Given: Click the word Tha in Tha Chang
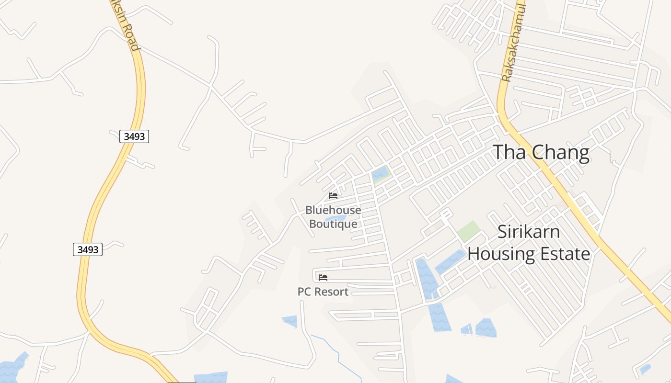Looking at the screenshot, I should pos(510,152).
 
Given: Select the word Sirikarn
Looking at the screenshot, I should pos(529,232).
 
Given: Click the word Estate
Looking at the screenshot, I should pos(565,253).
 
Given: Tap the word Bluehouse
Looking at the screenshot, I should pos(333,210).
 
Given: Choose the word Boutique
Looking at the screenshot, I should pos(333,224).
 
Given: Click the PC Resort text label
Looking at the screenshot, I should pos(323,292).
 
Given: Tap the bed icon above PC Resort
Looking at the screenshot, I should pos(323,278).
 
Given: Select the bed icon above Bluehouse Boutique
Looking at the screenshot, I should pos(333,196).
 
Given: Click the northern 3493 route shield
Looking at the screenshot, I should pos(134,136).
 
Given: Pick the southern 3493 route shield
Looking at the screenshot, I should pos(88,249).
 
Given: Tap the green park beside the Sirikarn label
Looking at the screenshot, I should pos(468,231).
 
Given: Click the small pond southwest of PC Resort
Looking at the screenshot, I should pos(290,321).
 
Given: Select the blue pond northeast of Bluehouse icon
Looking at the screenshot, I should pos(380,174).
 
